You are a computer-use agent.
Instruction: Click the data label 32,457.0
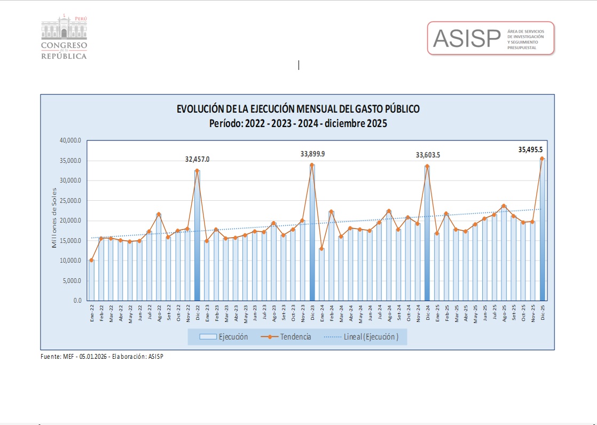(x=197, y=159)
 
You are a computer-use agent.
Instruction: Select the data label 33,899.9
(x=312, y=154)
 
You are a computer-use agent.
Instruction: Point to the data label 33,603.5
(x=428, y=155)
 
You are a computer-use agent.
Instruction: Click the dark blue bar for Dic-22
(x=197, y=240)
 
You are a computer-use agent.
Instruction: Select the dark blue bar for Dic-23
(x=312, y=235)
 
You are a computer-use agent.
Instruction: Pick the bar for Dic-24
(x=427, y=235)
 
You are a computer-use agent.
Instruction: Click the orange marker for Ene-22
(x=91, y=261)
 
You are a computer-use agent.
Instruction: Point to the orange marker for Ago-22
(x=159, y=214)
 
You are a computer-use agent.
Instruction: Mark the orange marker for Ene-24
(x=321, y=249)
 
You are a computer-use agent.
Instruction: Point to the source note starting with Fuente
(x=102, y=356)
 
